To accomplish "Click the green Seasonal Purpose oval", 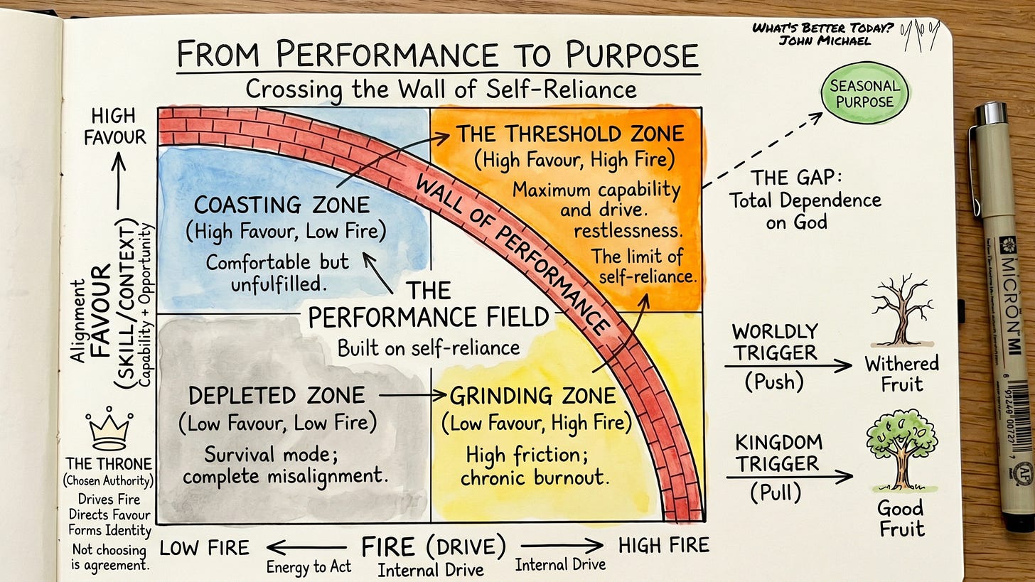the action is [864, 93].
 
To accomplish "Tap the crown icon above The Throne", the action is [109, 429].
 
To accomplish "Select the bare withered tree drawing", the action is [901, 311].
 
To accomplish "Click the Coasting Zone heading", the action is [281, 205].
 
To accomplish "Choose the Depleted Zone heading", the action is [277, 395].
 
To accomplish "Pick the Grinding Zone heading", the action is [532, 396].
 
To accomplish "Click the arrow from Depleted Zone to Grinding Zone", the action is [412, 395].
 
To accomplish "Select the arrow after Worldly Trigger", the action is [788, 366].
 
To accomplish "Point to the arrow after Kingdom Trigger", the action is [790, 477].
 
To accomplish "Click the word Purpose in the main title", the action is [632, 55].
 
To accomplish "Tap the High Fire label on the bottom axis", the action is [663, 546].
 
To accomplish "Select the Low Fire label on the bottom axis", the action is [204, 548].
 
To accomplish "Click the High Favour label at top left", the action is [115, 126].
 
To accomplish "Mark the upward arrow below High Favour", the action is [119, 180].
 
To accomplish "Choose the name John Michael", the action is [825, 41].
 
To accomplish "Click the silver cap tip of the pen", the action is [991, 113].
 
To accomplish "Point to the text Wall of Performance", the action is [511, 255].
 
